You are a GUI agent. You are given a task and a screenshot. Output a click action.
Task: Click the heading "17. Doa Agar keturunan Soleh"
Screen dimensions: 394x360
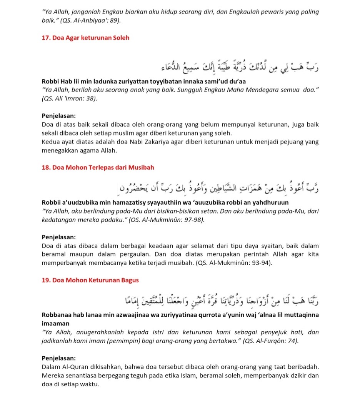85,38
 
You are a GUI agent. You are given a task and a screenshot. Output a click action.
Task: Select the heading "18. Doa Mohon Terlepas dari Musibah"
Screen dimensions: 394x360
98,167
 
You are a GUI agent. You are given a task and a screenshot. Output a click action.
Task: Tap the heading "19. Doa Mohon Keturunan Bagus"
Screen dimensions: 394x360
90,280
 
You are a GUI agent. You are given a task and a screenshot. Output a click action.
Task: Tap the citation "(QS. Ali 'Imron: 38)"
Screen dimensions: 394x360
69,99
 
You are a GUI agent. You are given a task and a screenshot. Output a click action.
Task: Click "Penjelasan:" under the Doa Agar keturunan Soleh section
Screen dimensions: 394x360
58,115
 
